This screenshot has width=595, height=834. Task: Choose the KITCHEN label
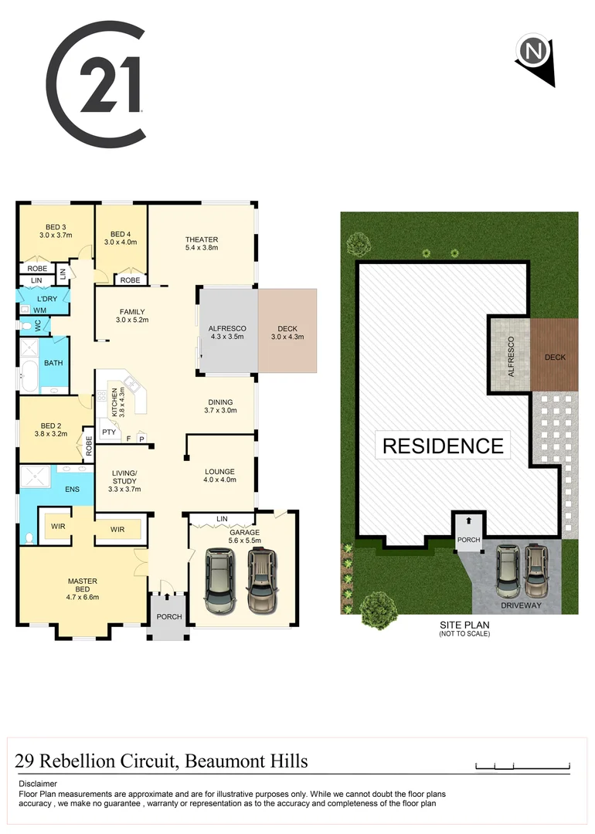(x=114, y=401)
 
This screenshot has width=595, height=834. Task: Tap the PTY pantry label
(x=109, y=432)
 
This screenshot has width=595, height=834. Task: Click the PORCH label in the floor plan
(x=169, y=617)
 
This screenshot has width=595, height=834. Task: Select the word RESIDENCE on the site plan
(x=443, y=446)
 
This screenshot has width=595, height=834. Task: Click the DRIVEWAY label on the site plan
(x=521, y=606)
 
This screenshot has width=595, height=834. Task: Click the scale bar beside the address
(x=522, y=765)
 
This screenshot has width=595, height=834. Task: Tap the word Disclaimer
(x=38, y=784)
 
